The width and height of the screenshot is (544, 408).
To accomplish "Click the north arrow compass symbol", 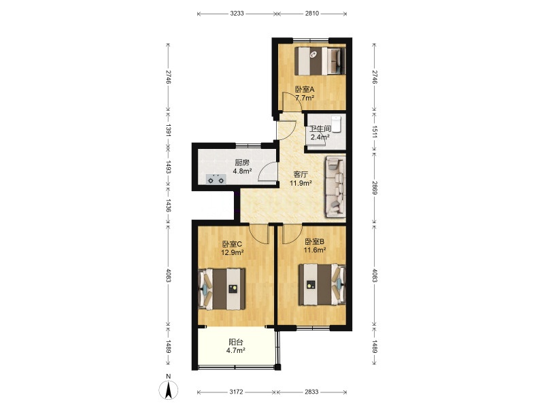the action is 169,390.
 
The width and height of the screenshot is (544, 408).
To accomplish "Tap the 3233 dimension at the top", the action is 237,14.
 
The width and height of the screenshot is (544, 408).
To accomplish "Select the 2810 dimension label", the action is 312,14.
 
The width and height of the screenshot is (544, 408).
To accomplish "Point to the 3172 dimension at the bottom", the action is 236,392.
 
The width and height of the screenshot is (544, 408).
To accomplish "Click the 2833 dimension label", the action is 311,392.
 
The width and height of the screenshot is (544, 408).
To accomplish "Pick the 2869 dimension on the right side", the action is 375,188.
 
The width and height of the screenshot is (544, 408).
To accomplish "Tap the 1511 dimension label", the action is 375,132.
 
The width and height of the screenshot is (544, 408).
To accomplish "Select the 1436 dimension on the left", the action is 168,205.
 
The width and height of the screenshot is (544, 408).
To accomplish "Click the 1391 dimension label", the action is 168,130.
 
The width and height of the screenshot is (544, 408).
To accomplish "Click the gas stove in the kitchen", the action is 216,180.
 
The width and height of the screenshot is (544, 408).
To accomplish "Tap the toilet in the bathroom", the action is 336,124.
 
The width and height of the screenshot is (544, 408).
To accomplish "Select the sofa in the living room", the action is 335,186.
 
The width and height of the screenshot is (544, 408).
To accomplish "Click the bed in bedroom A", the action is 320,61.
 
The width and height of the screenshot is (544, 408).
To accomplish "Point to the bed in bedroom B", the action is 322,284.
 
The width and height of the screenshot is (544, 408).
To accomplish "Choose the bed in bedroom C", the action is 222,289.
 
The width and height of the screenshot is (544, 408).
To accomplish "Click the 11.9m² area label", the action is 301,183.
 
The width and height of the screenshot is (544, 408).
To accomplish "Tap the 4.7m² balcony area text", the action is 236,350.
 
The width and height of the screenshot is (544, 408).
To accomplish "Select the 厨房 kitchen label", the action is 242,163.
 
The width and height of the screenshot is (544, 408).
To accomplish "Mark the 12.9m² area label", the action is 232,252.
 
